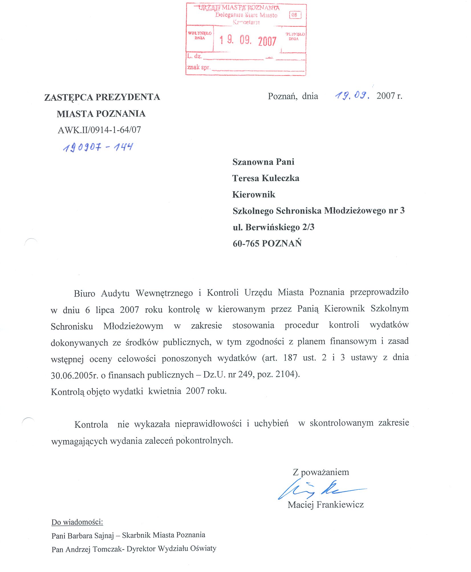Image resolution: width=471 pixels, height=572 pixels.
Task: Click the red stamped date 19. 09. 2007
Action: click(x=247, y=40)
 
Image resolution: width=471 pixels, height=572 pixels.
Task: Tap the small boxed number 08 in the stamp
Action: click(x=295, y=15)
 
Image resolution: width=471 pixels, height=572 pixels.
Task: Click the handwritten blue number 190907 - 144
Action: click(x=98, y=147)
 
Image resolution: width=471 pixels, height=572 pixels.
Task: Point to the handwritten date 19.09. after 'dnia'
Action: click(x=352, y=95)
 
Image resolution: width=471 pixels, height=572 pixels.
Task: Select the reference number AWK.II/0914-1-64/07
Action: click(x=99, y=130)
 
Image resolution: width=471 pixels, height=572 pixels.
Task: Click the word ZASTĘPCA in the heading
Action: click(x=69, y=97)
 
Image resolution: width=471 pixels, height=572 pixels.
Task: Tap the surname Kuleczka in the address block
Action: click(x=281, y=178)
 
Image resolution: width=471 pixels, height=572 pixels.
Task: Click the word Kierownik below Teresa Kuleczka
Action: click(x=254, y=195)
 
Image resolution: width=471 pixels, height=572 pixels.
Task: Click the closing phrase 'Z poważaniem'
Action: click(x=321, y=472)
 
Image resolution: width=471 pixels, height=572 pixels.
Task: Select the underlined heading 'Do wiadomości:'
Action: click(x=77, y=522)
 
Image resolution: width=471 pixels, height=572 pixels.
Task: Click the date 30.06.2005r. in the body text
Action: click(x=74, y=375)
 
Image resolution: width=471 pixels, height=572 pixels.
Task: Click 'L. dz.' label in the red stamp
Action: click(x=194, y=56)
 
